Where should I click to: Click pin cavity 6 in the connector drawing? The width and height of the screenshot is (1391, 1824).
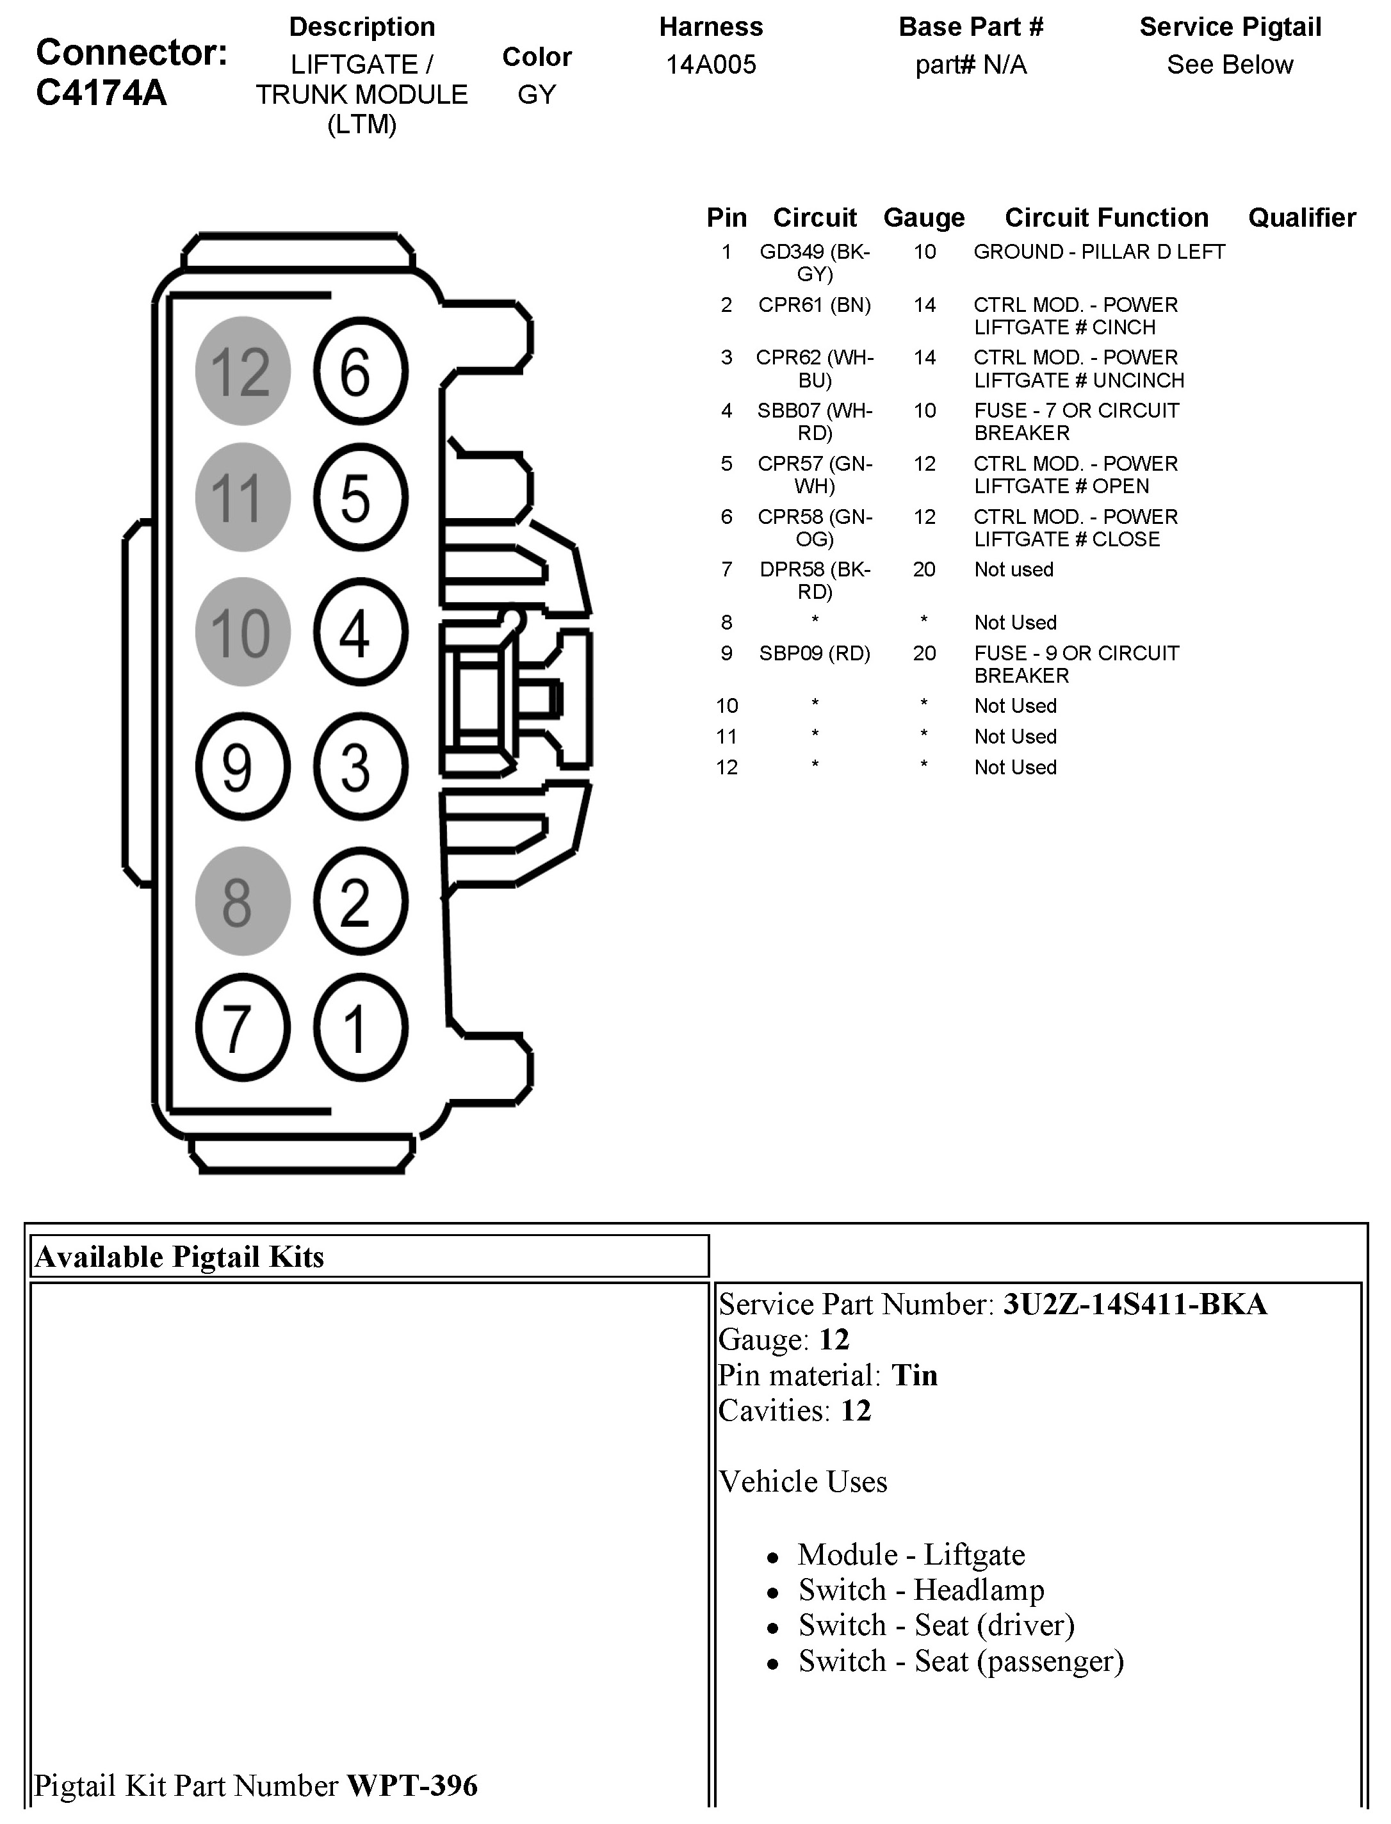360,371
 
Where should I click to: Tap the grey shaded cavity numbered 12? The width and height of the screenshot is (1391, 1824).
243,371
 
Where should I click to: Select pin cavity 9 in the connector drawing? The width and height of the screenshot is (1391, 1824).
243,767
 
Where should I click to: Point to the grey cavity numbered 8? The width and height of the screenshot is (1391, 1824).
243,901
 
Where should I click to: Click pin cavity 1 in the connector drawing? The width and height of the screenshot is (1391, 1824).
360,1027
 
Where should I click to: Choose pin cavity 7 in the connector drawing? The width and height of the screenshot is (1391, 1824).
243,1027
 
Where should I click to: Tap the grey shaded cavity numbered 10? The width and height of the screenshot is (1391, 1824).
243,631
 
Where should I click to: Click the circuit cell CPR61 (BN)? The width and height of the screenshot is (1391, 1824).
815,305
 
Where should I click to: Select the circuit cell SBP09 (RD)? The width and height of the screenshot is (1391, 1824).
815,653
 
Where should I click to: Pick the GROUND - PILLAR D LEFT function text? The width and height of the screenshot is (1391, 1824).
1099,252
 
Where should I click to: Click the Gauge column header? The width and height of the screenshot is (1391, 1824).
924,218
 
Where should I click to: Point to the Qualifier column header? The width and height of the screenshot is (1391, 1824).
1301,218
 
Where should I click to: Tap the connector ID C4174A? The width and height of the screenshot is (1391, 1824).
101,93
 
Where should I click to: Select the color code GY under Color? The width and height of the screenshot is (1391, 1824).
537,94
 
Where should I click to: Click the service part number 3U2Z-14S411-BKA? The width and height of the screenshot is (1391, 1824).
1134,1304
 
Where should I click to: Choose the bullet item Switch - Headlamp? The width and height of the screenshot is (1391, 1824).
921,1590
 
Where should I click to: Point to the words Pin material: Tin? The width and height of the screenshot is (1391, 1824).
828,1375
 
